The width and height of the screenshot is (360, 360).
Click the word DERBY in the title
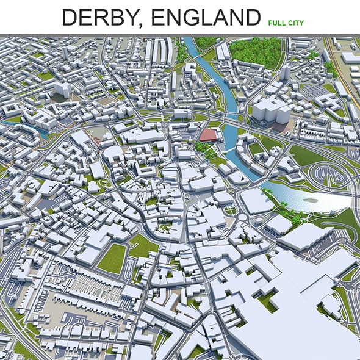tap(98, 18)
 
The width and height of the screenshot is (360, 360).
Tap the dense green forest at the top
tap(256, 52)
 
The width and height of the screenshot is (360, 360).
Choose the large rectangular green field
tap(112, 258)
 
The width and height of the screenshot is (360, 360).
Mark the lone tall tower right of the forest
tap(286, 72)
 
